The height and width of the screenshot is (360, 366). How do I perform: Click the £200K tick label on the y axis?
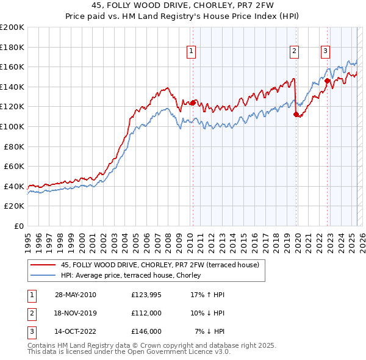point(12,27)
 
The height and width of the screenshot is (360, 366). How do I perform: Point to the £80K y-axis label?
point(14,146)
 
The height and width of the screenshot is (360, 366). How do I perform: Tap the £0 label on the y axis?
point(20,226)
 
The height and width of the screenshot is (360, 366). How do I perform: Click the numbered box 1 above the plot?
point(192,52)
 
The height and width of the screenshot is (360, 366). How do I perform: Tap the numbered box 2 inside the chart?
point(294,52)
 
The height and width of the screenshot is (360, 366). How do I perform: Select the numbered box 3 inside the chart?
point(326,52)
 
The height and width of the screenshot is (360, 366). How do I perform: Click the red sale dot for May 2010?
point(193,103)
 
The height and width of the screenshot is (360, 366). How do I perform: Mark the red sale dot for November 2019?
point(296,114)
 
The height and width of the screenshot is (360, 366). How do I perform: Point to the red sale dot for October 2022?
point(327,81)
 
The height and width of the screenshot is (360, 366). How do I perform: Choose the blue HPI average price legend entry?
point(134,275)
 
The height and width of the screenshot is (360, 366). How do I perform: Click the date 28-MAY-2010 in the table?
point(75,295)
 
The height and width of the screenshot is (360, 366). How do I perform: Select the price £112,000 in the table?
point(146,313)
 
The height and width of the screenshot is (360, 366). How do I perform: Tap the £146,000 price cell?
point(146,331)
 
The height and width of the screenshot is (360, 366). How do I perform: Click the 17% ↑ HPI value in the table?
point(207,295)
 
